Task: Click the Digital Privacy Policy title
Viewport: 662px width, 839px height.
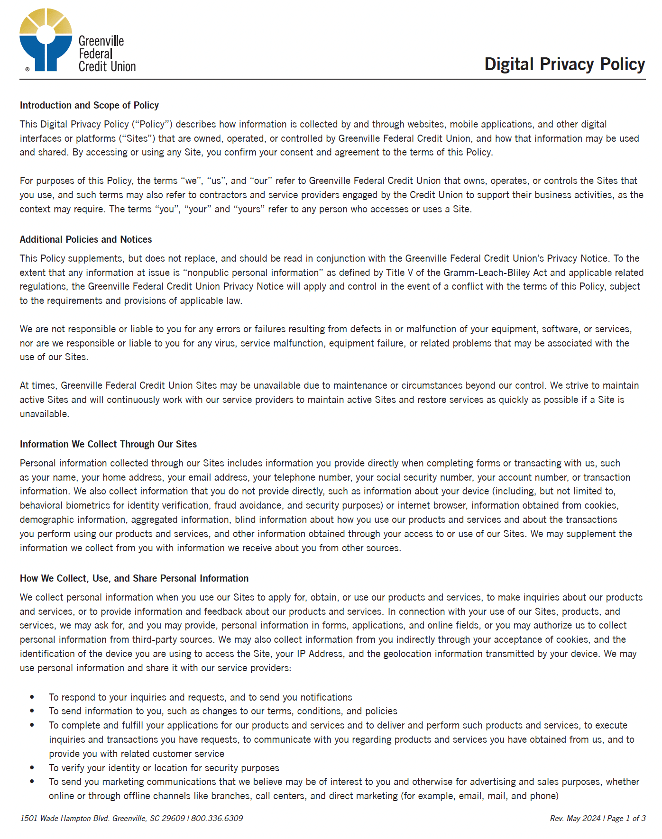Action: [x=564, y=64]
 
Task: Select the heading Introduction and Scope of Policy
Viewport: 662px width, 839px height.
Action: [x=89, y=105]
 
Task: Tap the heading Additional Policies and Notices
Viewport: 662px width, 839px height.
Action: [x=86, y=239]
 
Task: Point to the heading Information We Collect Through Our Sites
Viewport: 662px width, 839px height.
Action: [x=108, y=444]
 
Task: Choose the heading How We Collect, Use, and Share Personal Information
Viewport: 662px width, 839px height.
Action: [x=134, y=578]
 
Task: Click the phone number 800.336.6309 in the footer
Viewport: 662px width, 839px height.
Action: [x=217, y=818]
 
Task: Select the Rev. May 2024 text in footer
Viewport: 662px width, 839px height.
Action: [x=575, y=818]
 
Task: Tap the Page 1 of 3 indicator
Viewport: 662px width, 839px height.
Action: [x=626, y=818]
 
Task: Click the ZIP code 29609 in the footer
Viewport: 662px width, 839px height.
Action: [x=173, y=818]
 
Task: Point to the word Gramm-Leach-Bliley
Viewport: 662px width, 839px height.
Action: [x=495, y=273]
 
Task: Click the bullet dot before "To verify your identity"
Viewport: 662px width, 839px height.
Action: [x=32, y=767]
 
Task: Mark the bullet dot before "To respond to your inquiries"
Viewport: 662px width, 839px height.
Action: [x=32, y=697]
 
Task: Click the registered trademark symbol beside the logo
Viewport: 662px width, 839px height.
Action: [x=28, y=69]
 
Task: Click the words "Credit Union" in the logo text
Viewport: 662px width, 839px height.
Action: [x=107, y=67]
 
